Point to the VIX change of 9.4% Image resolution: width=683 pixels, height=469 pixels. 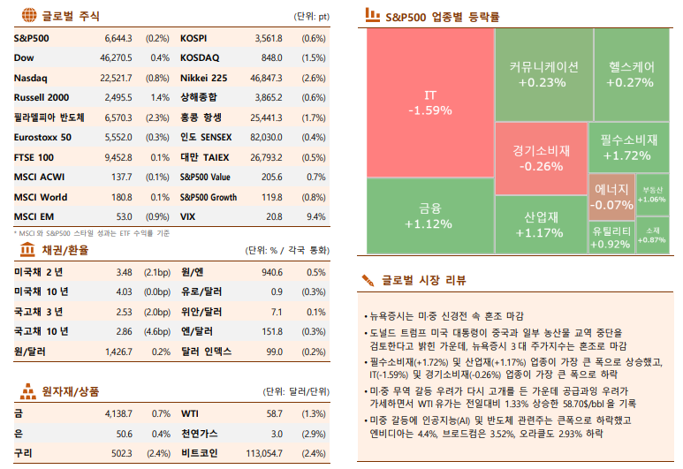[315, 216]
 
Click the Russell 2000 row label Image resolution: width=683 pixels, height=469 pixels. [42, 97]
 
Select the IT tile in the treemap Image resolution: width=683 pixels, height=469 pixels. [430, 102]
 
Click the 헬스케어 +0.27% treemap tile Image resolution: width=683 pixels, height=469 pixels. [631, 74]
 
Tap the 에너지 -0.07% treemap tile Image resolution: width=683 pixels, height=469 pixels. [611, 197]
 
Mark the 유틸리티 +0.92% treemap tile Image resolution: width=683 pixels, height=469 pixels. [611, 238]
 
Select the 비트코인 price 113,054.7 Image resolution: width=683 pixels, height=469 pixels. [262, 453]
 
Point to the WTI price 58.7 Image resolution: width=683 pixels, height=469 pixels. [274, 413]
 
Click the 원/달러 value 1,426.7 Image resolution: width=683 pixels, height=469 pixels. [117, 351]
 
